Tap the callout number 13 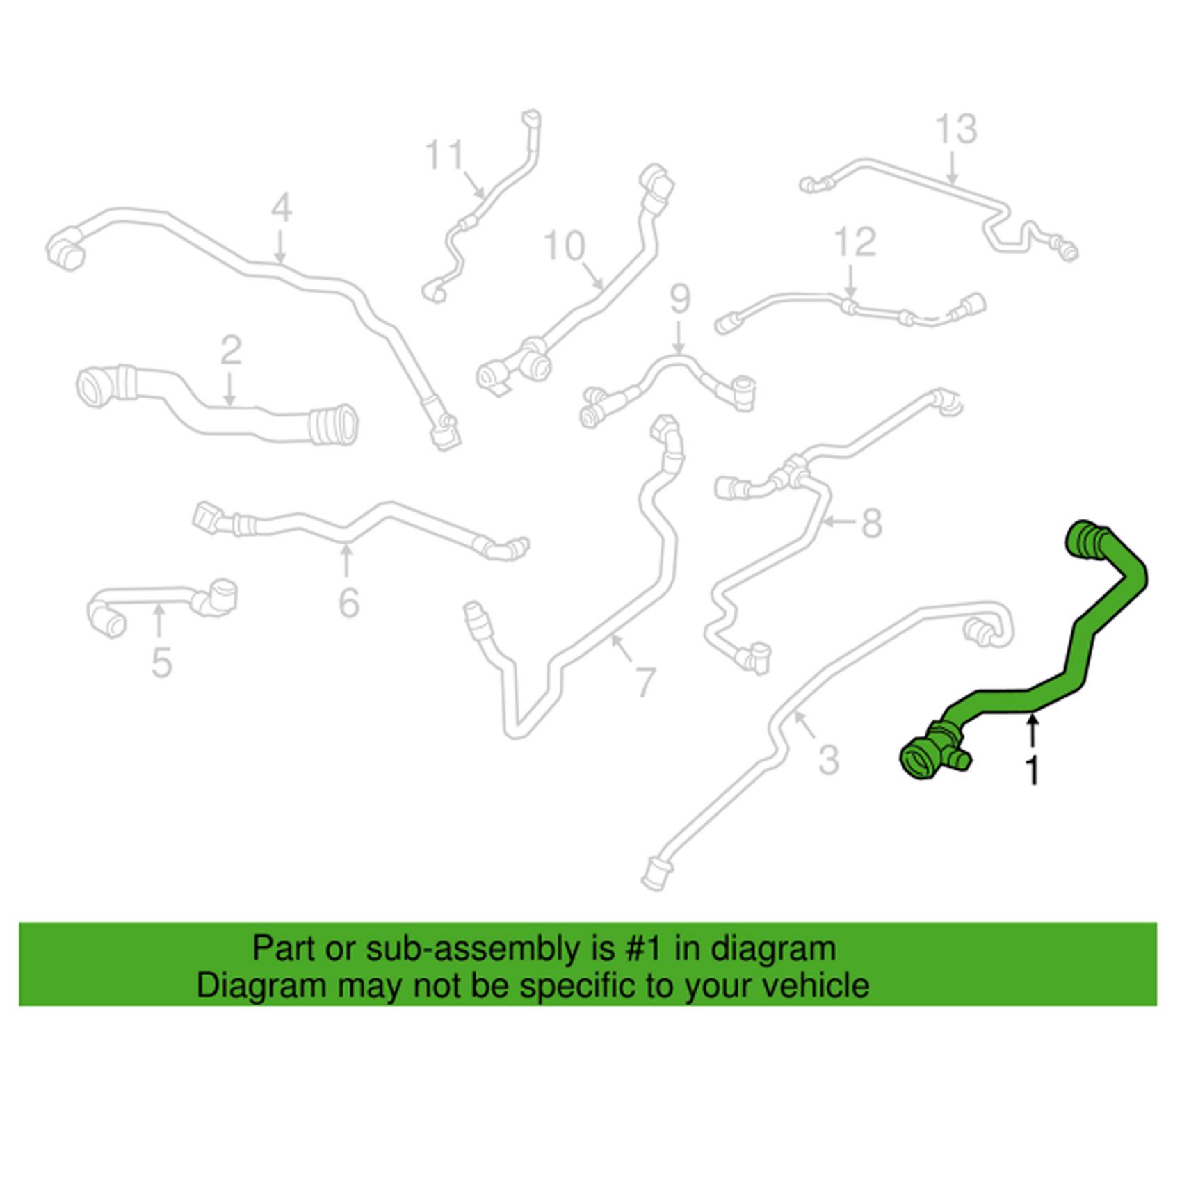956,129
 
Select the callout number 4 281,208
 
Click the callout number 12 855,242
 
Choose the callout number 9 680,299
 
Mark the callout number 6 349,602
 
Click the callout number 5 161,662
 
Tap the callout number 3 828,760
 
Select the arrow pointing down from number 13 953,169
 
